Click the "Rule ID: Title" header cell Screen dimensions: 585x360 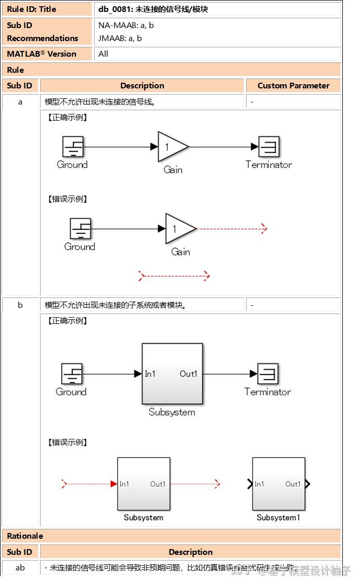pos(31,9)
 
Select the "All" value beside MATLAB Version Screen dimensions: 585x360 pos(104,54)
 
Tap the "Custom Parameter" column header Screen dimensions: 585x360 pos(293,86)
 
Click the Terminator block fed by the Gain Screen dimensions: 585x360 pos(269,147)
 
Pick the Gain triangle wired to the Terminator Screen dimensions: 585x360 pos(172,147)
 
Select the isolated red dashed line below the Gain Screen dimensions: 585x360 pos(174,276)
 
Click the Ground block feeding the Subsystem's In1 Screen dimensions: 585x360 pos(72,374)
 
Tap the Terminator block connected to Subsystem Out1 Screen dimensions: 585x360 pos(268,373)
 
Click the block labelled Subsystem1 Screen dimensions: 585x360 pos(278,484)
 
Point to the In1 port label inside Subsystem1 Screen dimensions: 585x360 pos(259,484)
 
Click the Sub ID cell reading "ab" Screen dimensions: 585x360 pos(20,568)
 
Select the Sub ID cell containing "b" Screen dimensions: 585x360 pos(20,305)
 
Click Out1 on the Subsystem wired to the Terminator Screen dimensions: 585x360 pos(188,374)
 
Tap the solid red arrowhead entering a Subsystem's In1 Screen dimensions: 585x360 pos(113,484)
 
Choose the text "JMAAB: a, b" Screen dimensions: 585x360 pos(120,38)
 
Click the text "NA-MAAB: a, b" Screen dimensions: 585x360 pos(126,25)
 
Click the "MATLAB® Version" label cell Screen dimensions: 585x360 pos(42,54)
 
